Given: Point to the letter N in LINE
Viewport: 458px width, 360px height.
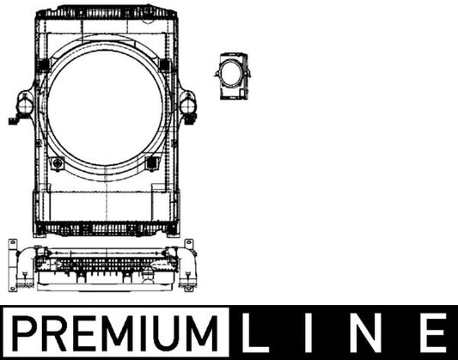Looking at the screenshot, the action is (369, 333).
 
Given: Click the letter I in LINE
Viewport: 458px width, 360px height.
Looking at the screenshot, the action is (308, 333).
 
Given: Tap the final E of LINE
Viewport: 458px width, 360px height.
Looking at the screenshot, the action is (434, 333).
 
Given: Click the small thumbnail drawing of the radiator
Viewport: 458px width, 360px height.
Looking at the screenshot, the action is (233, 76).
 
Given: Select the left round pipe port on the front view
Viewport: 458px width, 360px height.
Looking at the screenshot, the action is (25, 105).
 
